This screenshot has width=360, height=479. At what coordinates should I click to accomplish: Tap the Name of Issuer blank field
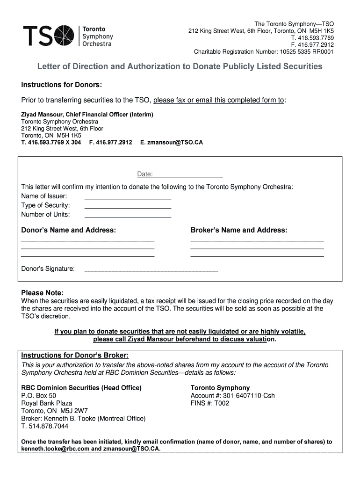tap(128, 196)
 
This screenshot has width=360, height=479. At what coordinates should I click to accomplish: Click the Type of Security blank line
tap(128, 205)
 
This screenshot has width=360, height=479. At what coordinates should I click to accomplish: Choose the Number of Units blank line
tap(128, 215)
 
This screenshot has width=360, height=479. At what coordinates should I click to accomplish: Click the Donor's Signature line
tap(151, 269)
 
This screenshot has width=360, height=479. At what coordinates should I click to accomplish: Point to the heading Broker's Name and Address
tap(239, 230)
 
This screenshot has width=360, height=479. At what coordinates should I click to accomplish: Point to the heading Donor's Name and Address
tap(69, 230)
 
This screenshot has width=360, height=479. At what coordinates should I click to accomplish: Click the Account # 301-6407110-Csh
tap(233, 396)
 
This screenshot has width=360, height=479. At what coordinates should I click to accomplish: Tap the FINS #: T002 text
tap(210, 403)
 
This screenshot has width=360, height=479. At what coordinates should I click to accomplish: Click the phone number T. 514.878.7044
tap(45, 426)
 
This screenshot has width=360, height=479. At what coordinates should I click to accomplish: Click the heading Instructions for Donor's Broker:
tap(75, 356)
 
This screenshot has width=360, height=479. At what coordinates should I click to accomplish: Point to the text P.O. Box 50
tap(39, 396)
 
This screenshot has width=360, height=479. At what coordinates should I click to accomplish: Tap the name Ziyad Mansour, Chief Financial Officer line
tap(87, 114)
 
